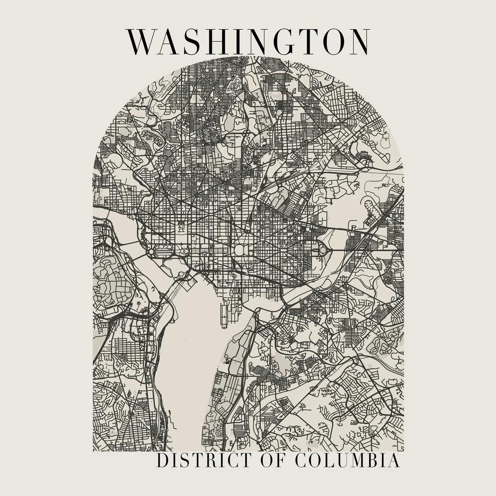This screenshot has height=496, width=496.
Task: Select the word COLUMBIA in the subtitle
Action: coord(347,460)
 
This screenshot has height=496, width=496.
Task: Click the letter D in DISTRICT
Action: coord(162,460)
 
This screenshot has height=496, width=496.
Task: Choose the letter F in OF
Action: coord(279,460)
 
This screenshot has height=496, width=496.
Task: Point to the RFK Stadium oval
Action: coord(324,250)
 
